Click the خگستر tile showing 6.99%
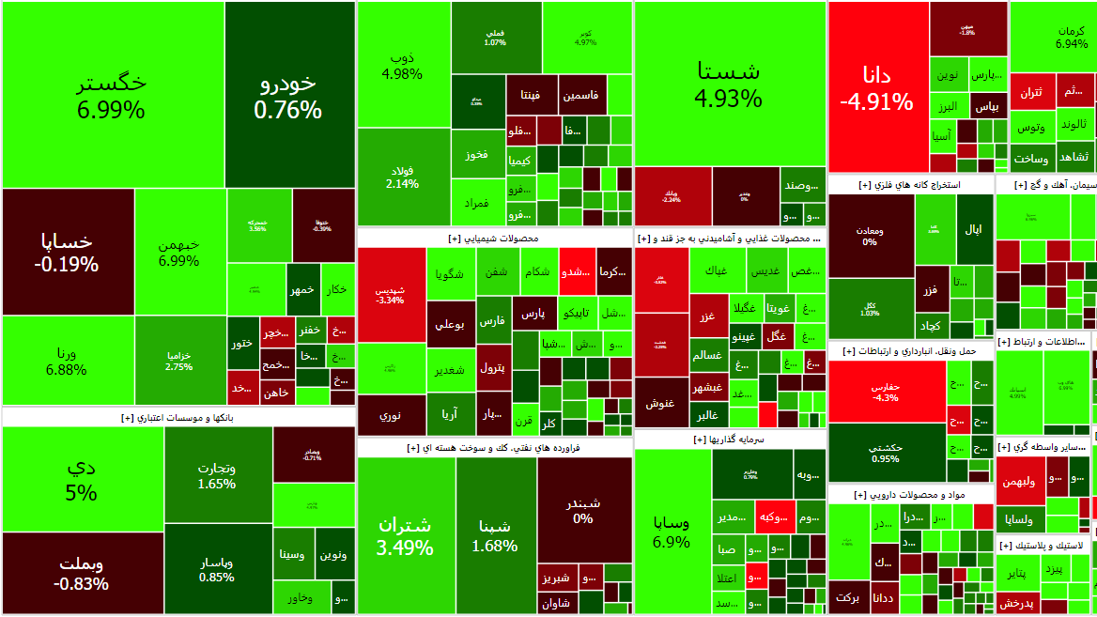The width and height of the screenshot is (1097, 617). [x=112, y=95]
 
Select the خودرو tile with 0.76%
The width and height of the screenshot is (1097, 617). [x=288, y=95]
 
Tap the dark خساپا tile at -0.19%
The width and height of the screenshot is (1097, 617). [x=67, y=252]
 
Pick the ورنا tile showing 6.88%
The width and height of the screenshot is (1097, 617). [x=67, y=361]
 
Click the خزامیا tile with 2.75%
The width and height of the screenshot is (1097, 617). [x=179, y=361]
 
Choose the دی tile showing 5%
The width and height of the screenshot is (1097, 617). [x=82, y=479]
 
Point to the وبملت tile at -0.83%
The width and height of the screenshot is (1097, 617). [x=82, y=573]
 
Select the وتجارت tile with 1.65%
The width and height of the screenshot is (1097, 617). [x=217, y=475]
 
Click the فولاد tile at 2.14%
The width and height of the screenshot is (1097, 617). [x=403, y=177]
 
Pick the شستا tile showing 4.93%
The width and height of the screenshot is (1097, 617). [x=729, y=84]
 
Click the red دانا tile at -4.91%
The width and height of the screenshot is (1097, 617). [x=877, y=87]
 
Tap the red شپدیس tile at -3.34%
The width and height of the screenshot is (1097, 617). [x=391, y=294]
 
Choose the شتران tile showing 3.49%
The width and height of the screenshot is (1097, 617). [x=405, y=534]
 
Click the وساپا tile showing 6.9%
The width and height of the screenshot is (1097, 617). [x=672, y=532]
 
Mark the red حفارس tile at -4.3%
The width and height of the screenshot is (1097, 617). [x=886, y=392]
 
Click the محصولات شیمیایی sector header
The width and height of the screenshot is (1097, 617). [x=494, y=239]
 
